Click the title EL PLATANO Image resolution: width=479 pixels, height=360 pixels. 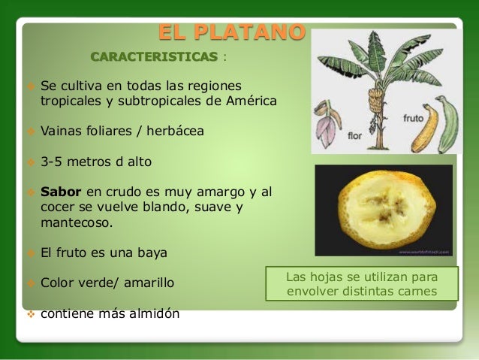(232, 33)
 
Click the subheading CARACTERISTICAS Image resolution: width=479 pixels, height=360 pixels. (155, 57)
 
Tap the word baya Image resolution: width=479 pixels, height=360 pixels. (151, 252)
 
